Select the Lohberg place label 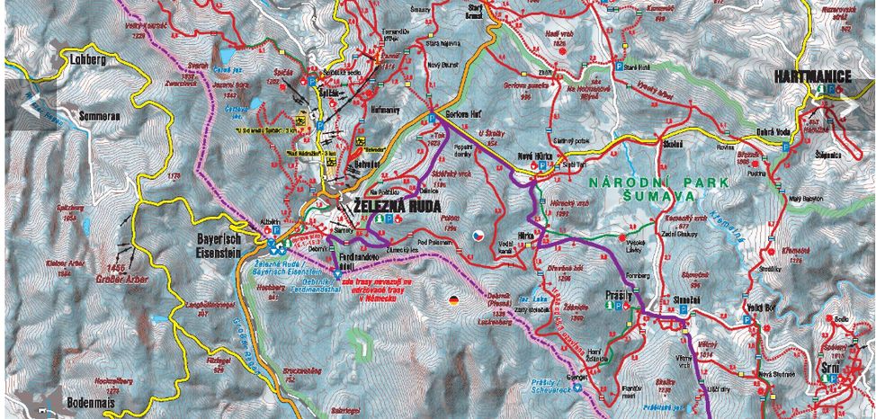point(86,60)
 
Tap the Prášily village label point(621,294)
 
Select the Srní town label point(831,368)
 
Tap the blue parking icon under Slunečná point(682,308)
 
